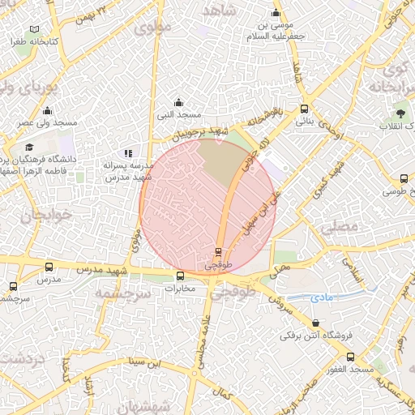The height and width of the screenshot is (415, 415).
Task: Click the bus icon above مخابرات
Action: click(x=180, y=276)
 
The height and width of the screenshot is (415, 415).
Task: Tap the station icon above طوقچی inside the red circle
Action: click(x=218, y=251)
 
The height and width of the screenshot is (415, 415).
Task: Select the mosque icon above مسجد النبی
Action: click(x=179, y=103)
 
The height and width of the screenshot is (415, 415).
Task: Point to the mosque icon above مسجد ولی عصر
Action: click(x=47, y=111)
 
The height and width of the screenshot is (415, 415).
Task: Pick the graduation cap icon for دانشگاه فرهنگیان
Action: click(x=30, y=148)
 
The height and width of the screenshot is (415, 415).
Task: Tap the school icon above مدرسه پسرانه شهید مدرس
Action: click(x=128, y=153)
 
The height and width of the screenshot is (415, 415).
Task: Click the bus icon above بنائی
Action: click(x=304, y=109)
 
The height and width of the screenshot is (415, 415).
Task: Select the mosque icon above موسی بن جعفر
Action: click(x=276, y=13)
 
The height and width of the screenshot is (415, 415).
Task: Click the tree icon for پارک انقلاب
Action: click(x=401, y=113)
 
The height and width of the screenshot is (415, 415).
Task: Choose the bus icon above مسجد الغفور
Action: click(x=350, y=357)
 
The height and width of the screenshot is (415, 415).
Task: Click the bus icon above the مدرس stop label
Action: click(x=49, y=267)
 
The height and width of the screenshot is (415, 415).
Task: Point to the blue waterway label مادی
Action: click(x=321, y=298)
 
